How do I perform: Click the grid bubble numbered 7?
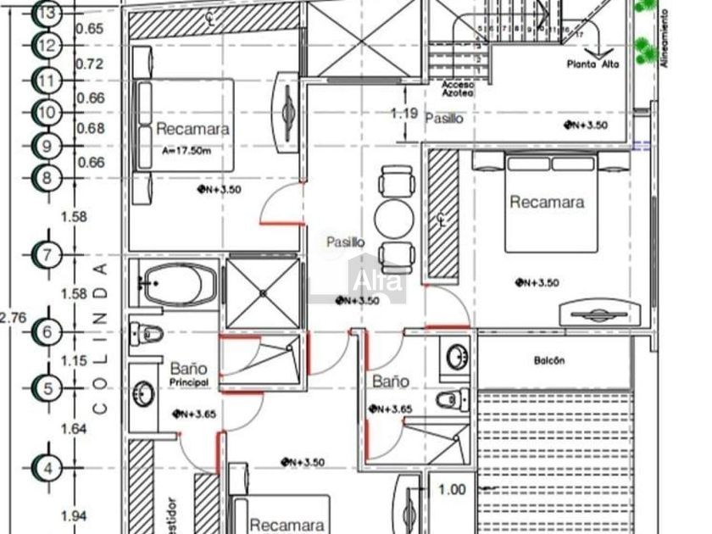click(x=47, y=254)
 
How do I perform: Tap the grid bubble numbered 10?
click(x=47, y=113)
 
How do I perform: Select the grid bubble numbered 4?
click(x=47, y=467)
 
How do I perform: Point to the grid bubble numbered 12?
click(x=47, y=45)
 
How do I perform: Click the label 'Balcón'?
click(x=549, y=361)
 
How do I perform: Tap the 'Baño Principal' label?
click(x=188, y=374)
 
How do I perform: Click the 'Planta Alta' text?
click(x=593, y=64)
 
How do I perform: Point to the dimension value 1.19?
click(x=403, y=113)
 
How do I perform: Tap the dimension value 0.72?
click(x=90, y=64)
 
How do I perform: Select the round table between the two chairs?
click(x=392, y=217)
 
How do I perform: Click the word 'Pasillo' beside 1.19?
click(x=444, y=119)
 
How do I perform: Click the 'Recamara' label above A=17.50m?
click(x=192, y=130)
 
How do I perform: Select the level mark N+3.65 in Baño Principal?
click(x=197, y=414)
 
